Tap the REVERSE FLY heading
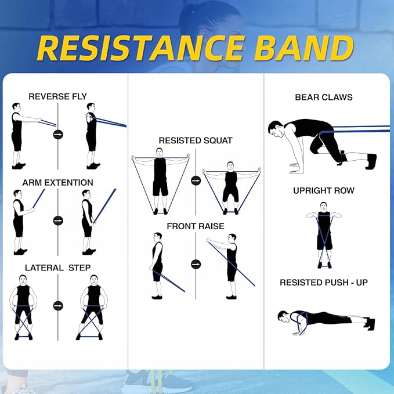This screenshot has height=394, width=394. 57,96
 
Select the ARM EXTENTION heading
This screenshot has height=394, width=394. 57,183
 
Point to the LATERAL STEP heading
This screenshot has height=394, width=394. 57,268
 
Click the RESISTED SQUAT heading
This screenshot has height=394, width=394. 196,140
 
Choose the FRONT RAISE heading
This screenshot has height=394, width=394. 196,226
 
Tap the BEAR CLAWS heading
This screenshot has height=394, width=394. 323,97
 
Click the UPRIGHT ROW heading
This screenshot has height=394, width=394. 323,190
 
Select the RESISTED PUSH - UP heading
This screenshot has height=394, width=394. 323,283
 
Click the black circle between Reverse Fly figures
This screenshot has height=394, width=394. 58,135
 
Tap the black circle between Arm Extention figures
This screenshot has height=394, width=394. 58,221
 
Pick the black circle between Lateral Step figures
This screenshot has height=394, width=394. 58,306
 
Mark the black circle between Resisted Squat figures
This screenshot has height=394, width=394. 196,180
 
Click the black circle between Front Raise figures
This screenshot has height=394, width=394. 196,264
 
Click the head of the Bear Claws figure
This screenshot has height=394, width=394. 276,128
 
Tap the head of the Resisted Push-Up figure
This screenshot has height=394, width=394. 283,316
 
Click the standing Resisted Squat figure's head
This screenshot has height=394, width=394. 160,152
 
